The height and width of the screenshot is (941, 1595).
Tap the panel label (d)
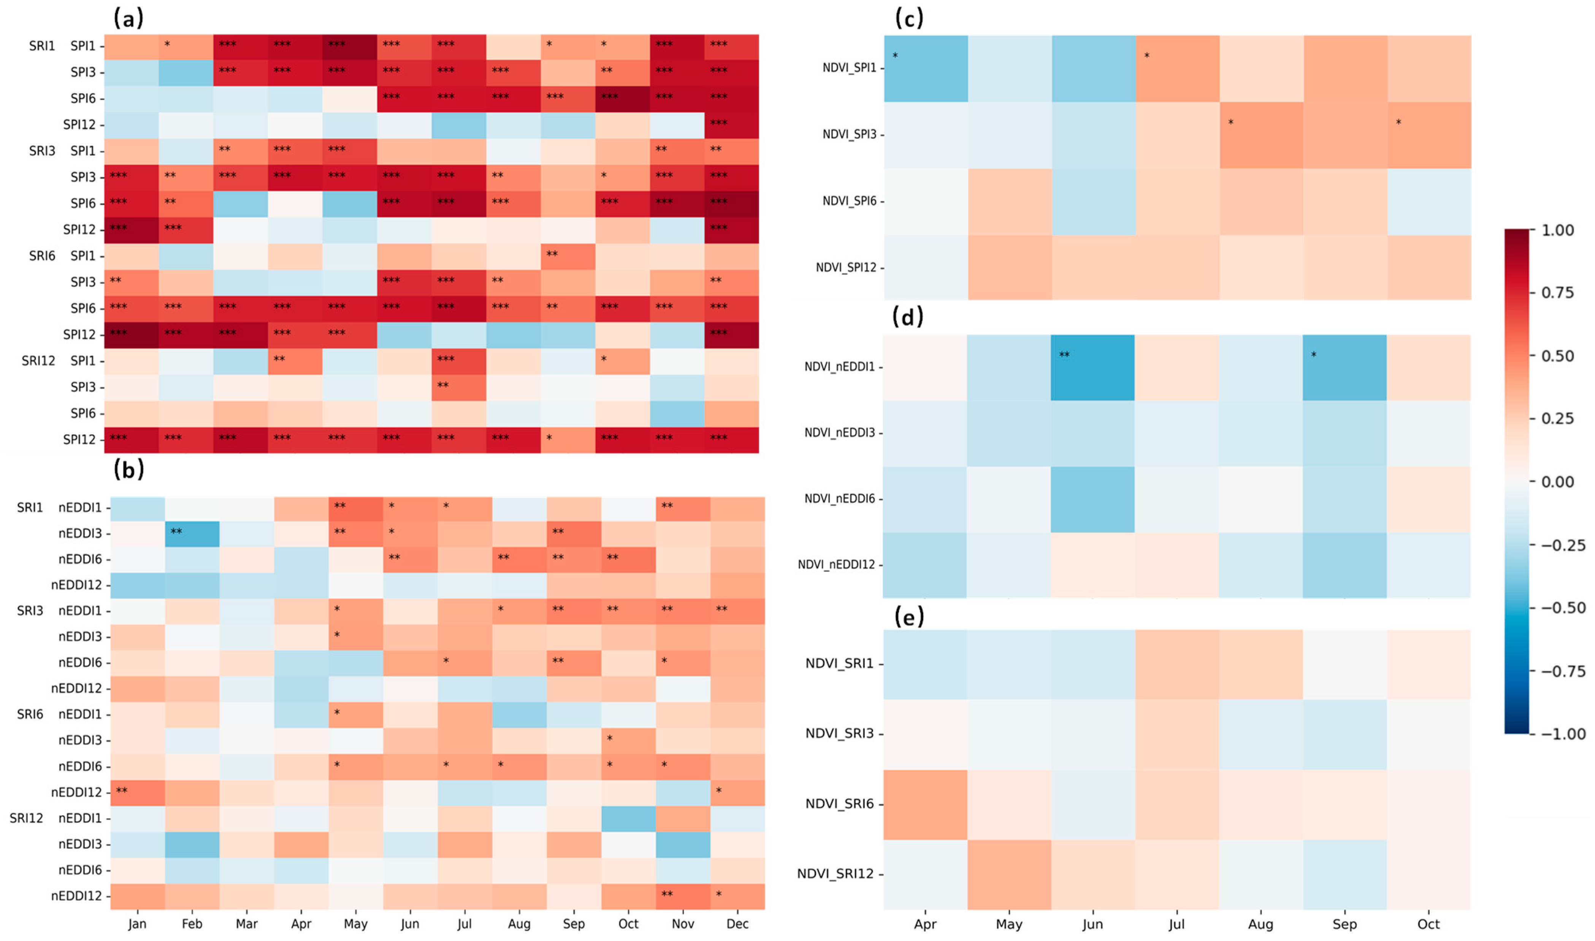[908, 316]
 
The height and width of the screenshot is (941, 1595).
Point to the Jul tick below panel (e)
[1176, 924]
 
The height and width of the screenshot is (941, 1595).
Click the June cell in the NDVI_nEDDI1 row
[1092, 368]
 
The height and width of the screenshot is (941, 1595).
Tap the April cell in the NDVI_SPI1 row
[926, 68]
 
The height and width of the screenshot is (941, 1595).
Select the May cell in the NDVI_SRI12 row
[1008, 874]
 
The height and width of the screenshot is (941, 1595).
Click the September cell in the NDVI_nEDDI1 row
[1344, 368]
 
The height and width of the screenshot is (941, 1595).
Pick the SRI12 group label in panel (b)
[26, 818]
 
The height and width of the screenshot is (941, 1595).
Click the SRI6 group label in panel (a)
[42, 255]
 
